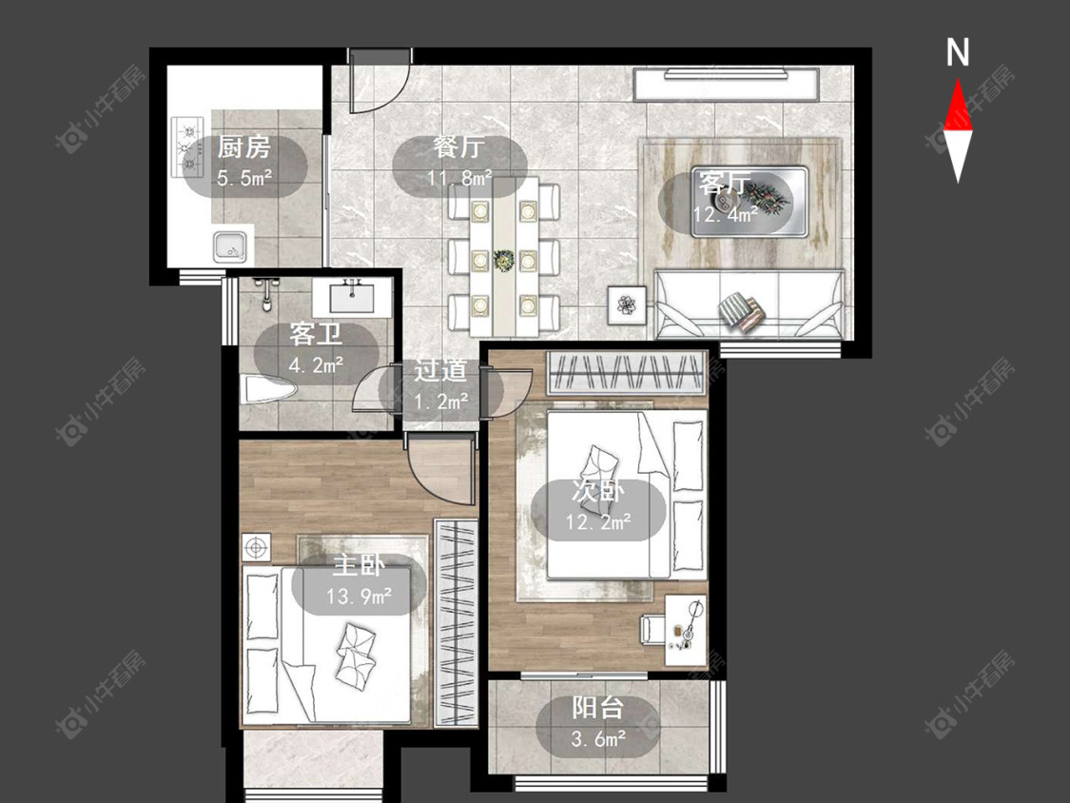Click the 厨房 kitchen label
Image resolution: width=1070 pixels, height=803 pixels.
244,147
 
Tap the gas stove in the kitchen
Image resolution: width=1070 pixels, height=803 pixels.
187,147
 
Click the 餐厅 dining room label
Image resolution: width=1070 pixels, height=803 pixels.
458,147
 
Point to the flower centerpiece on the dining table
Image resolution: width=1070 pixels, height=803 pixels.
503,260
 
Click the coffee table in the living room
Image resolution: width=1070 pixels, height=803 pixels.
749,202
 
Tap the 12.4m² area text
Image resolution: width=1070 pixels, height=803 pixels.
726,214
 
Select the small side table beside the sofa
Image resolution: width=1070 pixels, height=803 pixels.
627,304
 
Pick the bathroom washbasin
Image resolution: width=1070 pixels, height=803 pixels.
352,296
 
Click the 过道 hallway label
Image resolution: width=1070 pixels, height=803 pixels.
440,371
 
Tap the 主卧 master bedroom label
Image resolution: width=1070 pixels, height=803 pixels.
359,566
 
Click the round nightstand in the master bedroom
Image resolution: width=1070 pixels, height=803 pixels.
257,547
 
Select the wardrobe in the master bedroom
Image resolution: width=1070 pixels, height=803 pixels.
456,622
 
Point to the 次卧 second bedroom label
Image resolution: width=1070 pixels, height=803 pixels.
598,492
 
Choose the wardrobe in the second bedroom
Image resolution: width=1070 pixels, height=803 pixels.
626,373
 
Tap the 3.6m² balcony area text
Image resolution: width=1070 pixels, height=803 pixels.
598,739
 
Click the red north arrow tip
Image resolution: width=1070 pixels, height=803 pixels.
958,80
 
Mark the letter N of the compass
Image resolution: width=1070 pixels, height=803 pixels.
958,52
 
